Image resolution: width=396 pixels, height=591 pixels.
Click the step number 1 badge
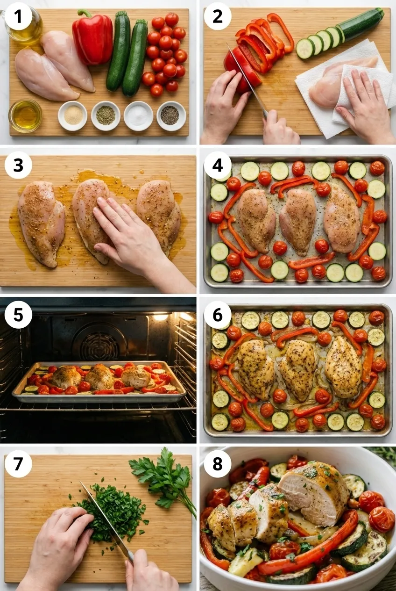click(x=18, y=16)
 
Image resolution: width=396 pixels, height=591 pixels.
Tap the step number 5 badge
click(x=18, y=315)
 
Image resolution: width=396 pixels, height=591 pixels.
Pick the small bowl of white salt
click(x=138, y=115)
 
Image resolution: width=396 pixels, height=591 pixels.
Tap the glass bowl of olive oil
click(x=25, y=115)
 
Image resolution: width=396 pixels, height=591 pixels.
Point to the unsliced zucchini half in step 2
click(x=362, y=23)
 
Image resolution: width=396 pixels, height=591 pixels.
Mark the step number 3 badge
click(x=18, y=165)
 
